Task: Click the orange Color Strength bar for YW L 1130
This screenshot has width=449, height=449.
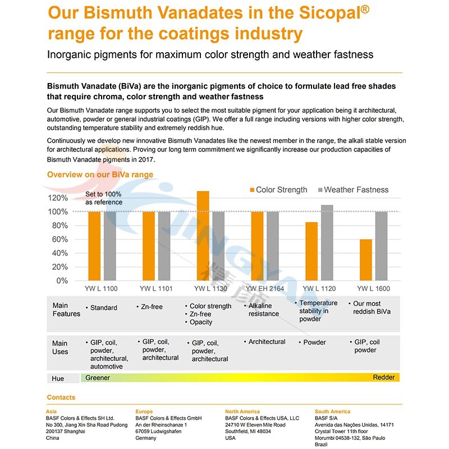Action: click(x=203, y=236)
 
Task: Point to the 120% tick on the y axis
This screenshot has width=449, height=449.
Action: click(x=58, y=198)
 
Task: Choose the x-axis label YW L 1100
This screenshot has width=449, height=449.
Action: click(x=102, y=288)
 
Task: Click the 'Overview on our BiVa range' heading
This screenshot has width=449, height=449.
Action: click(x=100, y=175)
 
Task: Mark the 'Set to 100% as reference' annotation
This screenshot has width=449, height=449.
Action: click(x=104, y=198)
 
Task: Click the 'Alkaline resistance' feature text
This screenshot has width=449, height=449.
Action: click(x=264, y=310)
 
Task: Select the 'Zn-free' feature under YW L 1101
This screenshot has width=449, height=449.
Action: click(x=150, y=307)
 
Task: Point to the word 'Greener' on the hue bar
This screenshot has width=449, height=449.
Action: click(x=98, y=378)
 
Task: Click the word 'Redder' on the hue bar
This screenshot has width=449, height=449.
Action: click(x=384, y=377)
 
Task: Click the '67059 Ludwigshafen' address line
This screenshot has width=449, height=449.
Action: click(x=162, y=432)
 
